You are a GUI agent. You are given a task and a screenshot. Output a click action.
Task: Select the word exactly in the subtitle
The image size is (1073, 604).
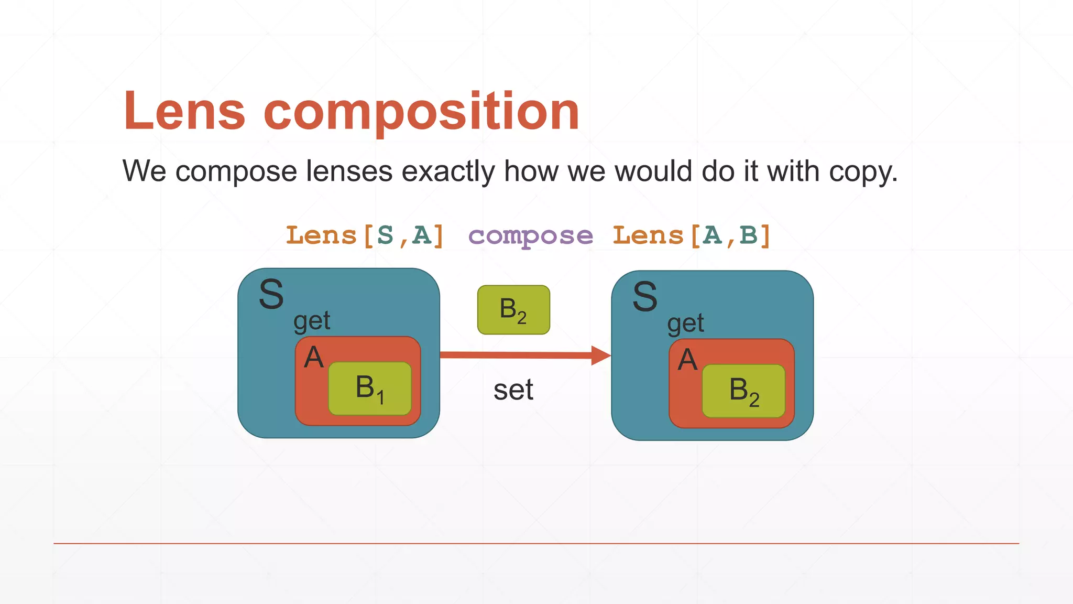[x=447, y=172]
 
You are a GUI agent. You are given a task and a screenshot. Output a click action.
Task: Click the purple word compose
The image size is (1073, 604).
[x=530, y=236]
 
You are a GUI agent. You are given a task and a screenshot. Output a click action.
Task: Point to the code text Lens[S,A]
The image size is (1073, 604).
[x=365, y=235]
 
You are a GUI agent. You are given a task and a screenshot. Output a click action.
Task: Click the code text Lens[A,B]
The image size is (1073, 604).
[x=692, y=235]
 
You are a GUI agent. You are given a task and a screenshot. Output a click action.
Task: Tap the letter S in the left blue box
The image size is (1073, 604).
[x=271, y=295]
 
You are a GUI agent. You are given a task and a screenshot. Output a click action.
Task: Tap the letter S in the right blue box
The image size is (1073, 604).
[x=645, y=297]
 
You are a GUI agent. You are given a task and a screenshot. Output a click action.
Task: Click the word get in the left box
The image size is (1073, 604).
[x=312, y=321]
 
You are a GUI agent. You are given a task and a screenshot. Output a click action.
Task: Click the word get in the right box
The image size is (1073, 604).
[x=685, y=323]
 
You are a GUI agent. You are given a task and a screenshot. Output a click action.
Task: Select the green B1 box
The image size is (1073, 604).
[x=370, y=389]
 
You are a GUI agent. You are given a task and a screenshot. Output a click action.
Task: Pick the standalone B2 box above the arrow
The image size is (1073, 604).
[x=513, y=310]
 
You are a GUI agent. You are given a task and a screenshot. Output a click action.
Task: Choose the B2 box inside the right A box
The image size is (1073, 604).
[x=743, y=391]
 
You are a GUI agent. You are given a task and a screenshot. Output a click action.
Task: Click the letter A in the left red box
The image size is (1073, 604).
[x=314, y=358]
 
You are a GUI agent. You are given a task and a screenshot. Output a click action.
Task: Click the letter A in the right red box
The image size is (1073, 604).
[x=687, y=360]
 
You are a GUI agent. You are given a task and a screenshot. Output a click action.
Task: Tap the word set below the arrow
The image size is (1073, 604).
[x=513, y=390]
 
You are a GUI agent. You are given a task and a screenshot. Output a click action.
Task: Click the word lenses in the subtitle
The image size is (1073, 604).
[x=349, y=171]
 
